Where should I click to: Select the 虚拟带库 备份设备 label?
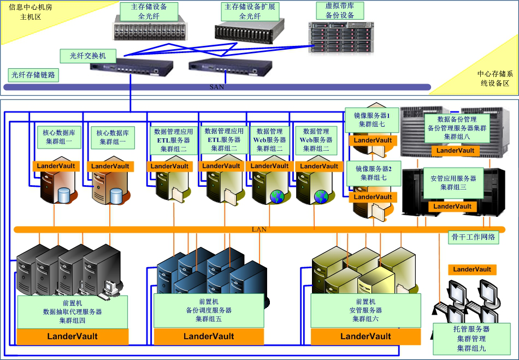click(x=340, y=10)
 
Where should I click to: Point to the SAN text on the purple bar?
click(x=217, y=87)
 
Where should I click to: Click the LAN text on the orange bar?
click(x=259, y=229)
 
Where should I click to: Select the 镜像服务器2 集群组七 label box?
click(x=373, y=173)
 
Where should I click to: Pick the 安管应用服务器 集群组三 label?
click(x=453, y=182)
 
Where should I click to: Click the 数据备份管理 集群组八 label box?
click(x=457, y=128)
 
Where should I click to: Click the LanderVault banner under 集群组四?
click(x=72, y=337)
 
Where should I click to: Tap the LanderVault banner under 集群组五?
click(x=209, y=336)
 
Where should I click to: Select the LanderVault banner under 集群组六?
click(x=365, y=336)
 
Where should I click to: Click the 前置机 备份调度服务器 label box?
click(x=209, y=310)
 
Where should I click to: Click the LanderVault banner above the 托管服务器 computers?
click(x=472, y=269)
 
